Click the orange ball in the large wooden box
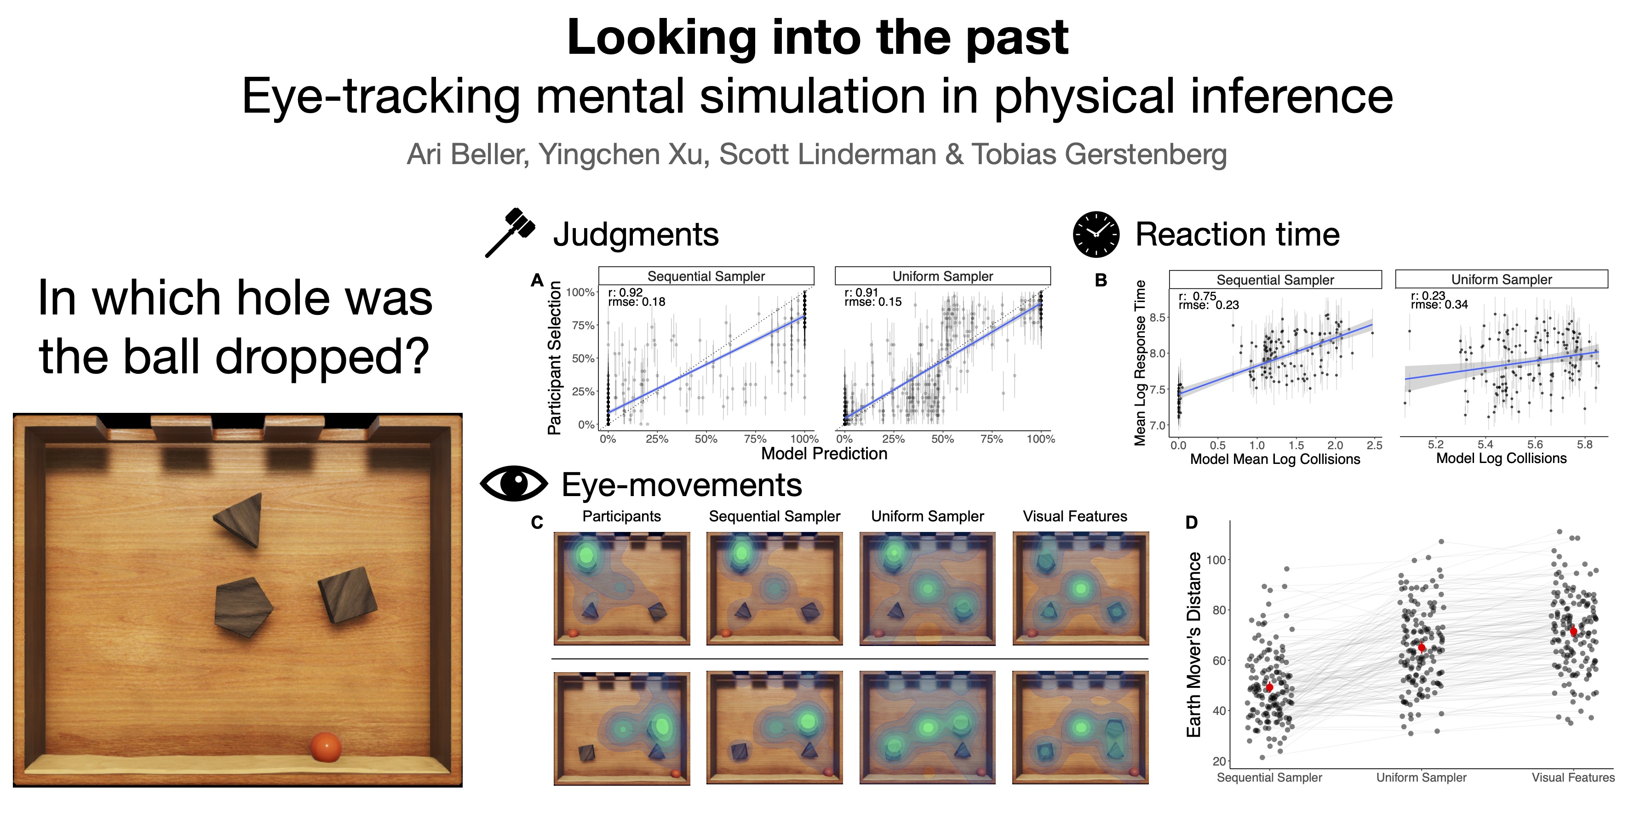point(326,747)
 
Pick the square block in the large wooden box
point(347,595)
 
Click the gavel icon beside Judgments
point(510,232)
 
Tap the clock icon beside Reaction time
point(1096,234)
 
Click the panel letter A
point(537,280)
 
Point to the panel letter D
point(1191,523)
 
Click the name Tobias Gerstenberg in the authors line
point(1099,154)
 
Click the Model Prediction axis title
point(824,453)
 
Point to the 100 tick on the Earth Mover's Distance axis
point(1216,560)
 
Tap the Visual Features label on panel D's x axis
point(1573,777)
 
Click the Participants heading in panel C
point(621,516)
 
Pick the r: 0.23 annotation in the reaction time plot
point(1428,296)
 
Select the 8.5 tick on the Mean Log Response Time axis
point(1157,317)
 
